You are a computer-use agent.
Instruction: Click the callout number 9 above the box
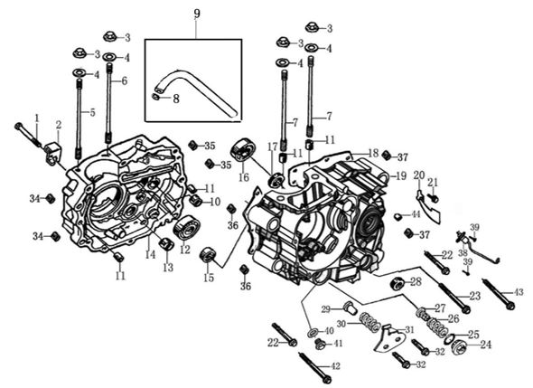pos(195,12)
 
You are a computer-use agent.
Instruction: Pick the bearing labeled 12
pos(188,228)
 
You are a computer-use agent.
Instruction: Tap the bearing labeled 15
pos(209,256)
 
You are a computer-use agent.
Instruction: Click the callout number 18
pos(373,154)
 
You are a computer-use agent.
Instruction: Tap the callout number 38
pos(463,253)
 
